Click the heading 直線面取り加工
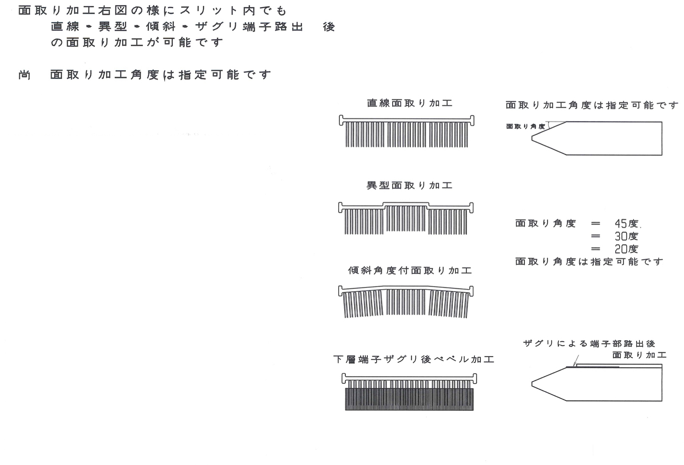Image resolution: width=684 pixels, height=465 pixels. [410, 103]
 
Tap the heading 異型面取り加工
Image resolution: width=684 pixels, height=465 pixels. [409, 185]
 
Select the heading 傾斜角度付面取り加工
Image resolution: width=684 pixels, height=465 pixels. [410, 270]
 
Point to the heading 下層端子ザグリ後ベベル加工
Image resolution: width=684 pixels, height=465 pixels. [414, 359]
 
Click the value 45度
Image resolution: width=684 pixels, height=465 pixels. [626, 224]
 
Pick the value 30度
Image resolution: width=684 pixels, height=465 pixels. [626, 236]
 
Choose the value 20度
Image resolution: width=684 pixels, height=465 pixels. [626, 249]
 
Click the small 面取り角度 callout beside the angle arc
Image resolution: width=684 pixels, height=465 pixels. [526, 126]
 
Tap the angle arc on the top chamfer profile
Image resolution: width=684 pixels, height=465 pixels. [549, 125]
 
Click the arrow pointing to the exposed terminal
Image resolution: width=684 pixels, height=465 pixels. [576, 360]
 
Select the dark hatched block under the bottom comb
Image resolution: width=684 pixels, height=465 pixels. [409, 399]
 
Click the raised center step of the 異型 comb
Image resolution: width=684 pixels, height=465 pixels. [406, 203]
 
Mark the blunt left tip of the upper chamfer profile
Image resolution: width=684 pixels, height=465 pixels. [532, 139]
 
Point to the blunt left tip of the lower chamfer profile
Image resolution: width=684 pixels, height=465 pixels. [532, 384]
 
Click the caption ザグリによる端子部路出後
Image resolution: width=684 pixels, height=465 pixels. [589, 343]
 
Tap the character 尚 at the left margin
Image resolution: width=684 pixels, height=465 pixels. [25, 75]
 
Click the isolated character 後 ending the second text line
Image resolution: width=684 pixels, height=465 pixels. [329, 27]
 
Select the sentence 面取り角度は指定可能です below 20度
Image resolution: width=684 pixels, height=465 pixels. [589, 262]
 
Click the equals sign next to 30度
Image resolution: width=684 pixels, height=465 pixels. [595, 236]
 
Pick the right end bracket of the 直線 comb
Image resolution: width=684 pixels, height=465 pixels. [472, 120]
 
